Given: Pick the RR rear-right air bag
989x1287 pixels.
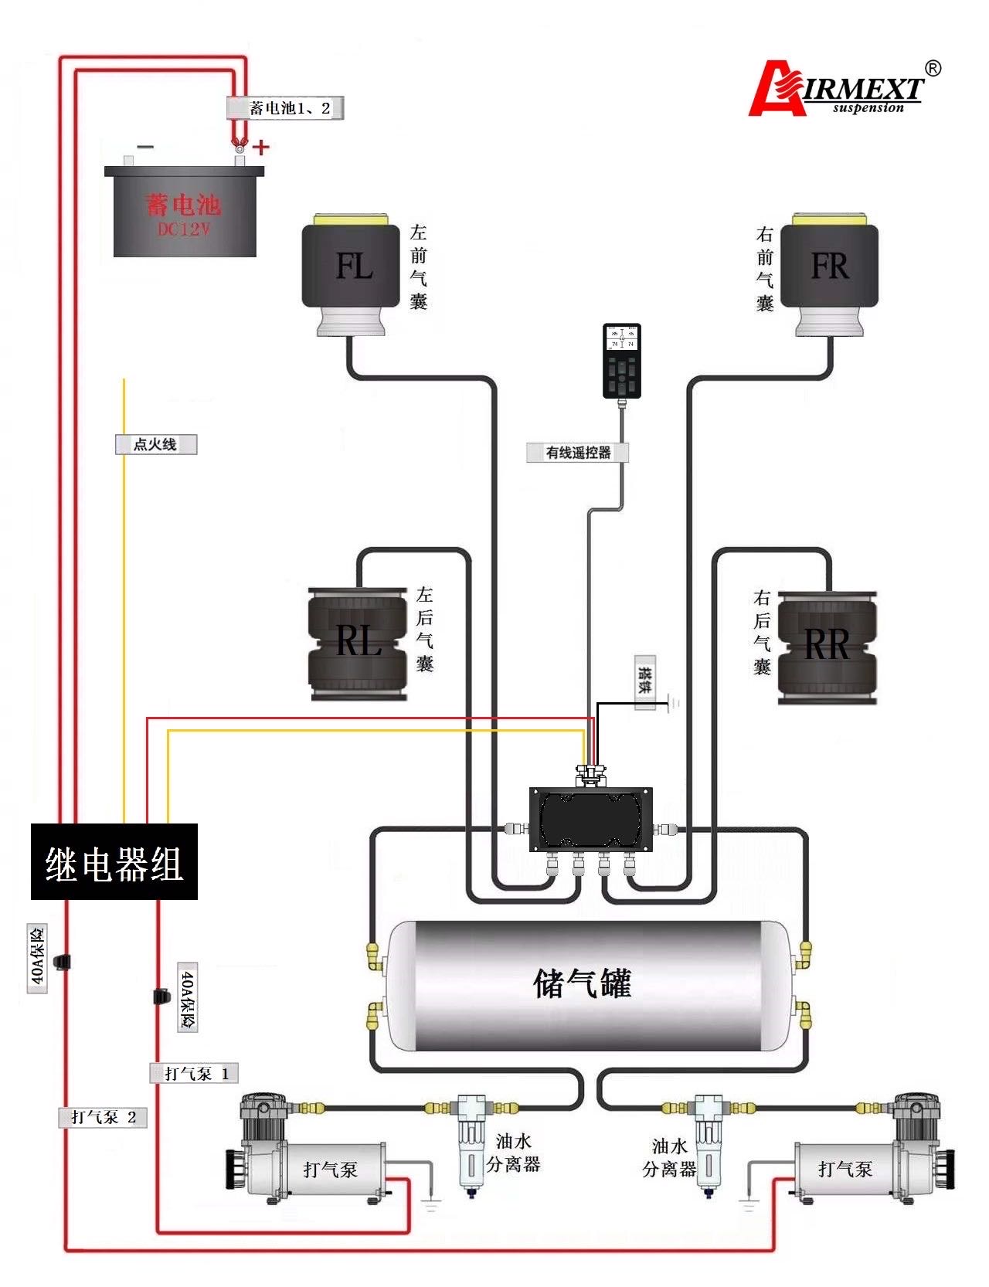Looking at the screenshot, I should click(827, 646).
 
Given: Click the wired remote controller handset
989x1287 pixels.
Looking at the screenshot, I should click(621, 360).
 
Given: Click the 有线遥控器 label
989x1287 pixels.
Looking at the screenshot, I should click(577, 453).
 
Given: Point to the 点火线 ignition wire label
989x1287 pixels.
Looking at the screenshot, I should click(155, 444).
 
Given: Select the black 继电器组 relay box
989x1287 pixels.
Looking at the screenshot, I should click(114, 861).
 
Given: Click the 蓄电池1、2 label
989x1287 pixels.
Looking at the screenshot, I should click(285, 108).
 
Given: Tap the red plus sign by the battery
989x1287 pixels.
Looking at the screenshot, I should click(262, 146).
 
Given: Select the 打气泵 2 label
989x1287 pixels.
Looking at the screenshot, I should click(102, 1117).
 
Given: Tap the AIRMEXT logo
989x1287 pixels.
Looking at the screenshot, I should click(842, 90).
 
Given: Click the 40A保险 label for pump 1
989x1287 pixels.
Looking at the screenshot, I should click(188, 997).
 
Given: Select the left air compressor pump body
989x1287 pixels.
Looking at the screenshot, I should click(309, 1159).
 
